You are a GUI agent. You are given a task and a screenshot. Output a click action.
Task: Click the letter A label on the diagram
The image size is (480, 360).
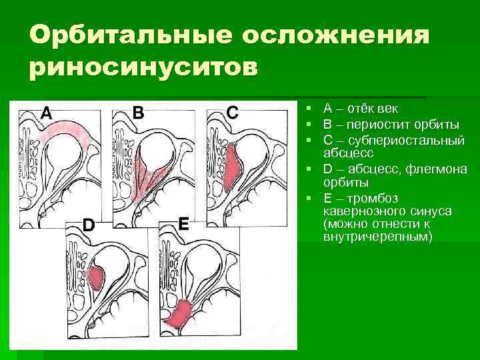(x=46, y=113)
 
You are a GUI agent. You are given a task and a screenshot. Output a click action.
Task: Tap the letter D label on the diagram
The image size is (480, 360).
(x=88, y=225)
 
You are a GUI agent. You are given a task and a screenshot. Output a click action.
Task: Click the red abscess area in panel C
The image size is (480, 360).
(x=233, y=170)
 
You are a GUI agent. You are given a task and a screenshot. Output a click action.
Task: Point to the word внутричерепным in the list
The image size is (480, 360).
(x=377, y=237)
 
